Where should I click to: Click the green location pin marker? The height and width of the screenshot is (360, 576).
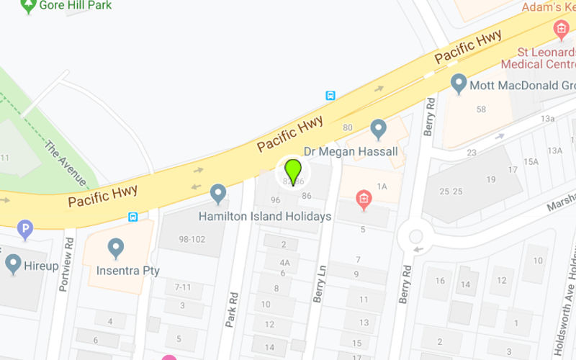tap(292, 172)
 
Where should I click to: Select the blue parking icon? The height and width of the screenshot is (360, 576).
tap(25, 230)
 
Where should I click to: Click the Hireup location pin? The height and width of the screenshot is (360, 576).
tap(13, 263)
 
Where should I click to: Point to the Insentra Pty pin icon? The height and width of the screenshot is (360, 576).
tap(115, 248)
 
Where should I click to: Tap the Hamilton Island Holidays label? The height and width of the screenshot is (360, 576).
tap(265, 216)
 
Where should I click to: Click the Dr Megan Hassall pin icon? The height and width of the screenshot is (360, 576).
tap(378, 130)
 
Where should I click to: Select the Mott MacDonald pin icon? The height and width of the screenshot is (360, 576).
tap(459, 84)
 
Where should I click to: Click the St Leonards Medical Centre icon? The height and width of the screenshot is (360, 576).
tap(561, 30)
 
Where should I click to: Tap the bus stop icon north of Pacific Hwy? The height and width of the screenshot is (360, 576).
tap(330, 95)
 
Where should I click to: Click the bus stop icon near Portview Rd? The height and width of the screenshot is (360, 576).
tap(132, 216)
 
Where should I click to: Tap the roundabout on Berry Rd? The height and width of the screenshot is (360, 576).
tap(415, 235)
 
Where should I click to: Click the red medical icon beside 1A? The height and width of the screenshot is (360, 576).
tap(364, 198)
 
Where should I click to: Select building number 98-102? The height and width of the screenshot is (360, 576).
tap(186, 239)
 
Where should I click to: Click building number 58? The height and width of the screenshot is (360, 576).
tap(481, 109)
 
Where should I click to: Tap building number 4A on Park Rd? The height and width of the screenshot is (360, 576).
tap(285, 263)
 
